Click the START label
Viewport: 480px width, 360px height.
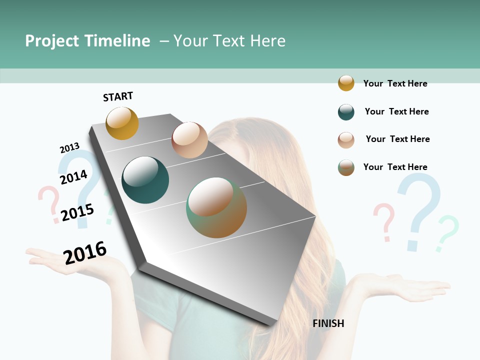[x=118, y=96]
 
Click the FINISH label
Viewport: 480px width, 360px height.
[x=328, y=323]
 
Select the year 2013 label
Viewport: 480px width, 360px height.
[x=69, y=148]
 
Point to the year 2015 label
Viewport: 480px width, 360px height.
[x=77, y=212]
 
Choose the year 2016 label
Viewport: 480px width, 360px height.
[x=85, y=252]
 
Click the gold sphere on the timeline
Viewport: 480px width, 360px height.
[x=122, y=123]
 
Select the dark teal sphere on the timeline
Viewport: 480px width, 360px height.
[x=145, y=180]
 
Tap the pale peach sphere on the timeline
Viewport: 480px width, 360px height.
[x=189, y=140]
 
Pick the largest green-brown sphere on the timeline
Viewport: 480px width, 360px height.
[x=216, y=207]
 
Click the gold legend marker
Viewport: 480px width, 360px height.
[x=346, y=83]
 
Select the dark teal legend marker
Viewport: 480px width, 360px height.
[x=346, y=112]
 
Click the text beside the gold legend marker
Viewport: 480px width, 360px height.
[x=395, y=83]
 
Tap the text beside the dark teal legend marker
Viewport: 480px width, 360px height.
[x=396, y=111]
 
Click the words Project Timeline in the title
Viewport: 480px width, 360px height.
[x=87, y=41]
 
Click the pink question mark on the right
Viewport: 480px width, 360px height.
[x=384, y=220]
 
